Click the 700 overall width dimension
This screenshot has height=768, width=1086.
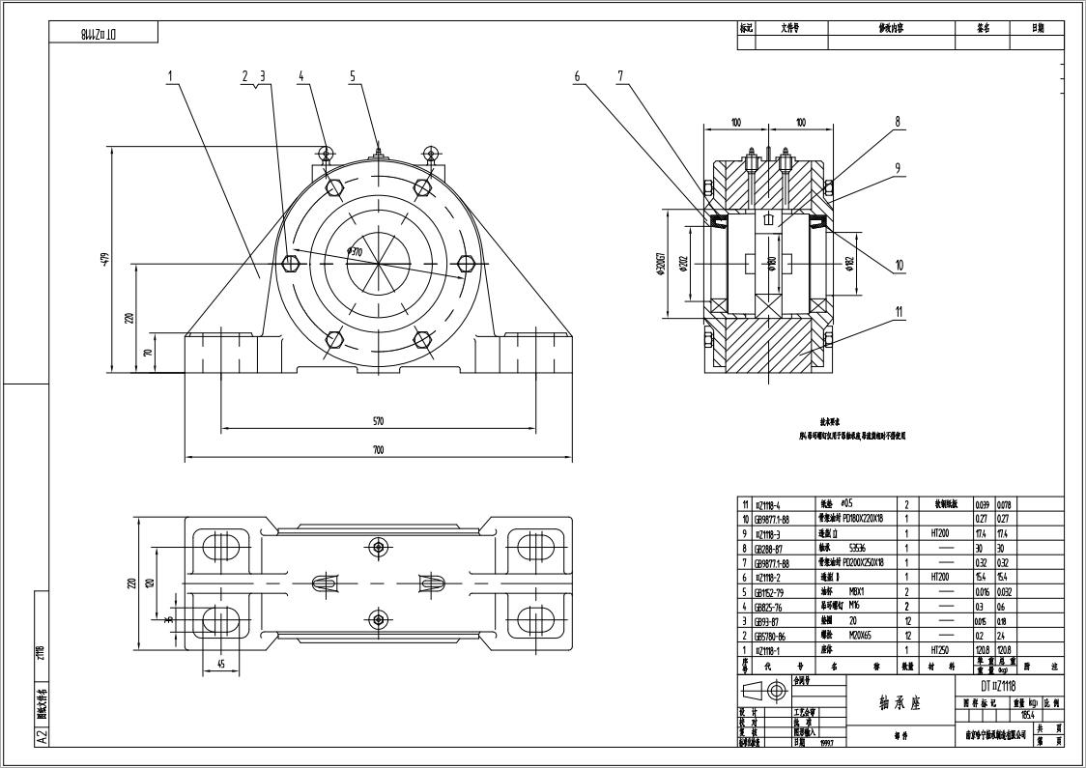point(378,450)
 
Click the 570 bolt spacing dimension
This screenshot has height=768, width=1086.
point(378,421)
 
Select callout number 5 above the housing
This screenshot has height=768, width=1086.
point(353,75)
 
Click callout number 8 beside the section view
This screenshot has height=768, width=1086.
point(898,122)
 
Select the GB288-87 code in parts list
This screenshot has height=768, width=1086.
point(770,547)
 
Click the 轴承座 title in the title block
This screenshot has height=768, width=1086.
point(900,703)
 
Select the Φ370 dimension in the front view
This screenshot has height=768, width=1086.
point(355,252)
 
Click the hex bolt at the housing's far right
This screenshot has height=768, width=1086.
point(467,264)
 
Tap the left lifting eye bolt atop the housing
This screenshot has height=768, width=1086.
point(326,153)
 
